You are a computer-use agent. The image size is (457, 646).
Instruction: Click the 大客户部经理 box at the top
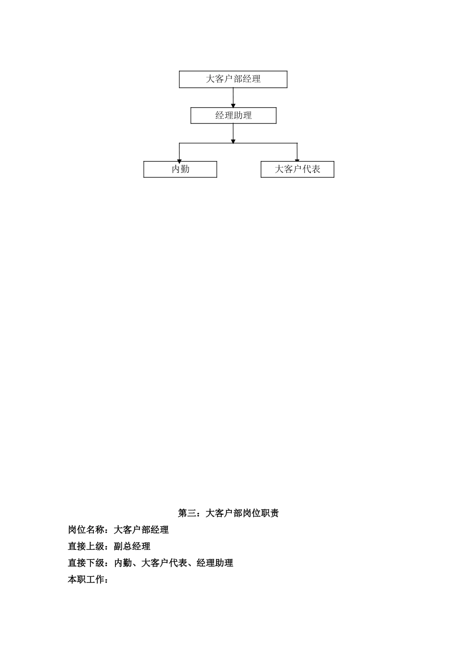[x=233, y=79]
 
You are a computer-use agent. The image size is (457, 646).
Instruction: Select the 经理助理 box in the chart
[x=233, y=115]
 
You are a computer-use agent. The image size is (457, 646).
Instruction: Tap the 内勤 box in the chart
[x=180, y=169]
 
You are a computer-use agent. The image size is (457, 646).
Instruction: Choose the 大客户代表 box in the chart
[x=297, y=169]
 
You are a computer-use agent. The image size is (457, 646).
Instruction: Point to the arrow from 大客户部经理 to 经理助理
[x=233, y=98]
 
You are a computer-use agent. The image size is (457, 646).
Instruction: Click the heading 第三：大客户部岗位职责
[x=228, y=513]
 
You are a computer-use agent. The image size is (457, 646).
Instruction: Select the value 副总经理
[x=132, y=546]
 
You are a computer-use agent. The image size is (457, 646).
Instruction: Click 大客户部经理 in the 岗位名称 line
[x=141, y=530]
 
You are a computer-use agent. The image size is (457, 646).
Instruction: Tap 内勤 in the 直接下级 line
[x=123, y=563]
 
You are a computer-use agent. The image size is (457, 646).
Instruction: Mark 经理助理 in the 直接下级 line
[x=215, y=563]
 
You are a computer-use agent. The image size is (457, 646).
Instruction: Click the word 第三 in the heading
[x=187, y=513]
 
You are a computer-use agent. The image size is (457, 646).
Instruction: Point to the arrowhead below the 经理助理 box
[x=233, y=140]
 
